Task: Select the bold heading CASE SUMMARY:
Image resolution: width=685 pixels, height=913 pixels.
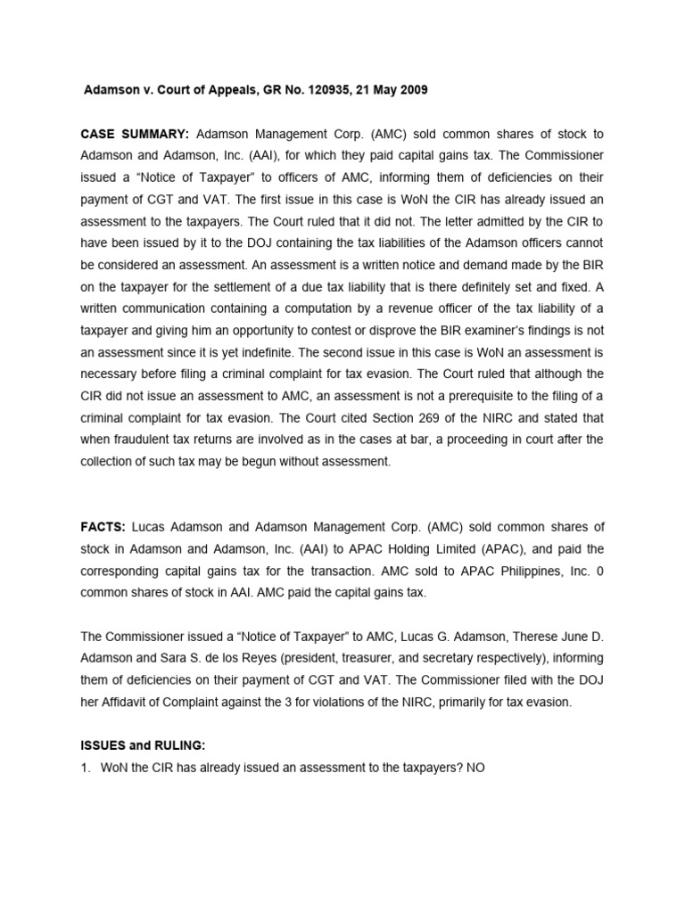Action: click(135, 134)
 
